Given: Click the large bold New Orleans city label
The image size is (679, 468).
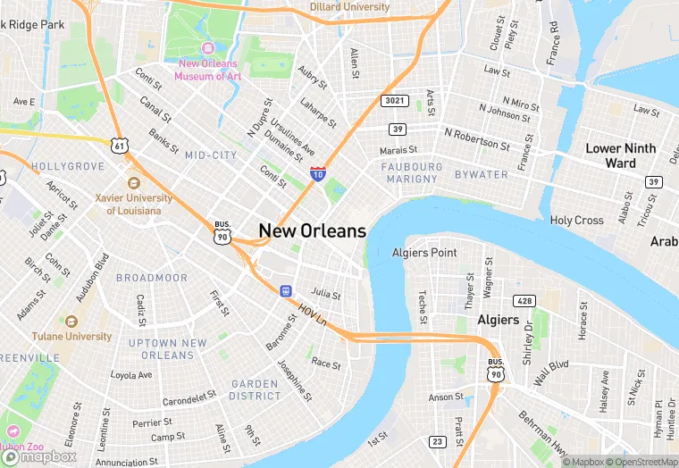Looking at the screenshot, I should tap(312, 230).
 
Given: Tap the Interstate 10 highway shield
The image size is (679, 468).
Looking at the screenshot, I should tap(317, 173).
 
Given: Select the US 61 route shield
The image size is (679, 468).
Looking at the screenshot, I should tap(120, 145).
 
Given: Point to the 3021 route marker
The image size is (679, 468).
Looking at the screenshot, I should tap(394, 101).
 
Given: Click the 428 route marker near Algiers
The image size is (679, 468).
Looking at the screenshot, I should tap(524, 301).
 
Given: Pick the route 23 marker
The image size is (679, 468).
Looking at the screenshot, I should tap(437, 441).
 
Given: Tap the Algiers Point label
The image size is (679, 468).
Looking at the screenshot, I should tap(424, 253).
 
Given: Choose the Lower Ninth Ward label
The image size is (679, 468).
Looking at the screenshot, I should tap(620, 155).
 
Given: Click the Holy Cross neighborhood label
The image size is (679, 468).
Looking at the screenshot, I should tap(576, 220).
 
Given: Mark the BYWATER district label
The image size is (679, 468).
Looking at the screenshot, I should tap(480, 174).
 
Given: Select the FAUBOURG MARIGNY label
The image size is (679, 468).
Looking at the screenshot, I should tap(412, 172).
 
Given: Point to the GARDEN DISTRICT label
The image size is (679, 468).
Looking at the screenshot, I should tap(256, 389).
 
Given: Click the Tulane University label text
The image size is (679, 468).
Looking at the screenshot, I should tap(72, 337).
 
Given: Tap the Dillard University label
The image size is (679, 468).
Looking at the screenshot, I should tap(349, 7).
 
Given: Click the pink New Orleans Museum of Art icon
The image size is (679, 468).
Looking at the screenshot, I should tap(208, 48).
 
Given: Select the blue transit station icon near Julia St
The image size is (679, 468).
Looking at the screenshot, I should tap(285, 290).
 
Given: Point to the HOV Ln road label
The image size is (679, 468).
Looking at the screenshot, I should tap(313, 313).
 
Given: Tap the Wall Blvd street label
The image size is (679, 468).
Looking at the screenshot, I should tap(551, 366).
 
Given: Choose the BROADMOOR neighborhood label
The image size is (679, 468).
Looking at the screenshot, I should tap(152, 278).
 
